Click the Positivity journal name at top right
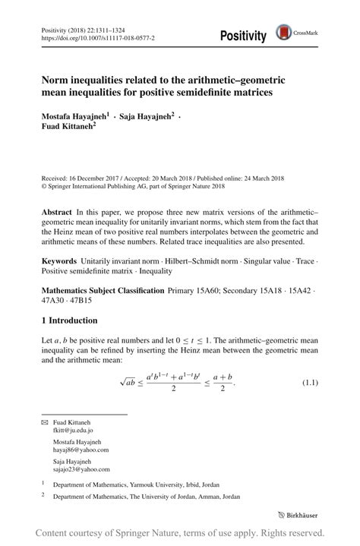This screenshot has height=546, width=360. [243, 36]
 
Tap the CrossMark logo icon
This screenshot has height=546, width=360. [283, 32]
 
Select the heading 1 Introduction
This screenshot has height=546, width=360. [71, 320]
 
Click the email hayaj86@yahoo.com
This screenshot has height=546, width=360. [81, 449]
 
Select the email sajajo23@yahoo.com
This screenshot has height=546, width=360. [81, 468]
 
